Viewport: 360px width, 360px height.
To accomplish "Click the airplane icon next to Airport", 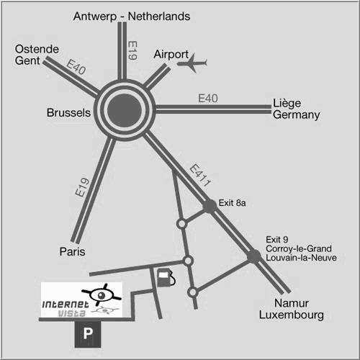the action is pyautogui.click(x=192, y=63).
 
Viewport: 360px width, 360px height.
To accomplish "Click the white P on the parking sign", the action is pyautogui.click(x=88, y=333).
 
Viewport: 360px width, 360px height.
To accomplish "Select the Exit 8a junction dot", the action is pyautogui.click(x=210, y=206).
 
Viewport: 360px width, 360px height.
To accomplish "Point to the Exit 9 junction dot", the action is pyautogui.click(x=254, y=256).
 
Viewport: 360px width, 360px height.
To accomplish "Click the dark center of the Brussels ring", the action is pyautogui.click(x=125, y=109).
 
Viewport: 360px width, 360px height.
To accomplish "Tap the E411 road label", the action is pyautogui.click(x=200, y=176).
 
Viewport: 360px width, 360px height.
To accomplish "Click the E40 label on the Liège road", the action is pyautogui.click(x=208, y=99).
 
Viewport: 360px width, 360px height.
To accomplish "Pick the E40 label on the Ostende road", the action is pyautogui.click(x=76, y=67).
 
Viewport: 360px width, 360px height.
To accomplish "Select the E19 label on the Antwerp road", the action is pyautogui.click(x=132, y=50).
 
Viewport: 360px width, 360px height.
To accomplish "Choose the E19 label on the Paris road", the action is pyautogui.click(x=82, y=187).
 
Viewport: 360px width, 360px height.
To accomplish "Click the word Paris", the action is pyautogui.click(x=72, y=252).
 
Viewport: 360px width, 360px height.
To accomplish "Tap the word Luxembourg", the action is pyautogui.click(x=292, y=315).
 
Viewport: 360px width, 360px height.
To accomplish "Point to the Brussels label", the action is pyautogui.click(x=68, y=112).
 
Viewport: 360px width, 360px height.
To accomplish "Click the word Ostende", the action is pyautogui.click(x=37, y=49).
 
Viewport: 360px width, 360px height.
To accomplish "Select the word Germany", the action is pyautogui.click(x=297, y=115).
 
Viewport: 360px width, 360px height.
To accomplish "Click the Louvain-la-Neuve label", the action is pyautogui.click(x=301, y=258).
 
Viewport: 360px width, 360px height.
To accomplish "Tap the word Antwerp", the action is pyautogui.click(x=95, y=17).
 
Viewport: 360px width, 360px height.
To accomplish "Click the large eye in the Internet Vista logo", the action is pyautogui.click(x=102, y=294).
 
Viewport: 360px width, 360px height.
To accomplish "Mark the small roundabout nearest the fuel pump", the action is pyautogui.click(x=188, y=261).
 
